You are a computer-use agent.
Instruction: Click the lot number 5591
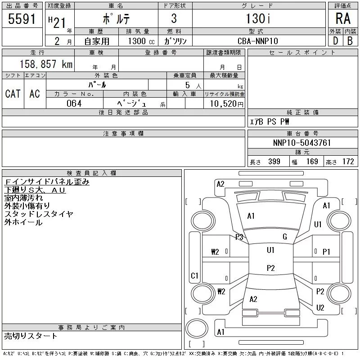point(22,18)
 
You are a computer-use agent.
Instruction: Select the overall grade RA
point(343,18)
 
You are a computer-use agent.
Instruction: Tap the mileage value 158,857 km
point(46,64)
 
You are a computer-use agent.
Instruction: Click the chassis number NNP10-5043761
point(302,143)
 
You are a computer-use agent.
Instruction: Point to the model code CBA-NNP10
point(257,41)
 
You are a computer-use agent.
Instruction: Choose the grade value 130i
point(258,18)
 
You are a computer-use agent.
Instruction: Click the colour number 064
point(74,103)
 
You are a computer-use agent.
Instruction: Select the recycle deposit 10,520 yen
point(227,104)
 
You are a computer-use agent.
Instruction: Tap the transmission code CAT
point(13,94)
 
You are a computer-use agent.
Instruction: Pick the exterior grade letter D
point(335,41)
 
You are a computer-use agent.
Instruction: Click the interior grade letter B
point(350,41)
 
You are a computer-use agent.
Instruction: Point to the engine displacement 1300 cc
point(141,41)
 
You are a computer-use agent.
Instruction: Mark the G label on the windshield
point(285,237)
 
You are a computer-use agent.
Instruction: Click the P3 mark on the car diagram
point(239,237)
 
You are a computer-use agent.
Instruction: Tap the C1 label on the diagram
point(194,275)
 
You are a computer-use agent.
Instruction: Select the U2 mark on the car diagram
point(320,307)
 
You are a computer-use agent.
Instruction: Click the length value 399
point(274,162)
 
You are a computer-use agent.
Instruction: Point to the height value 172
point(348,162)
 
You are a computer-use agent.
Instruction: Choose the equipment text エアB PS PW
point(269,121)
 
